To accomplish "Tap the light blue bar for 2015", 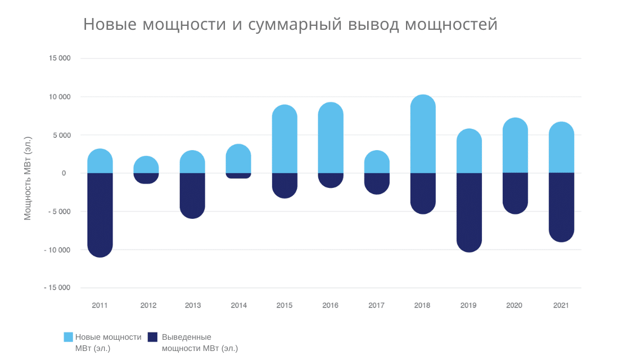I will click(285, 139).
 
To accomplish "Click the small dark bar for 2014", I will click(238, 175).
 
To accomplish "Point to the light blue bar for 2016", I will click(331, 138).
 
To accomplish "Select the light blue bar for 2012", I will click(146, 164).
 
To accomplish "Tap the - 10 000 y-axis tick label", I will click(57, 250).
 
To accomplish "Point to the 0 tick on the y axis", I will click(64, 173).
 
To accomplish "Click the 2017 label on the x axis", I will click(376, 305).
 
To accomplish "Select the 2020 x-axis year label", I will click(514, 305).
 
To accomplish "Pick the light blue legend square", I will click(68, 337).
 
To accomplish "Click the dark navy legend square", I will click(152, 337).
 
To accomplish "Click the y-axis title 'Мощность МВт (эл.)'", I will click(28, 177).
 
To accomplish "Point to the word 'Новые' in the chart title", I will click(110, 25).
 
